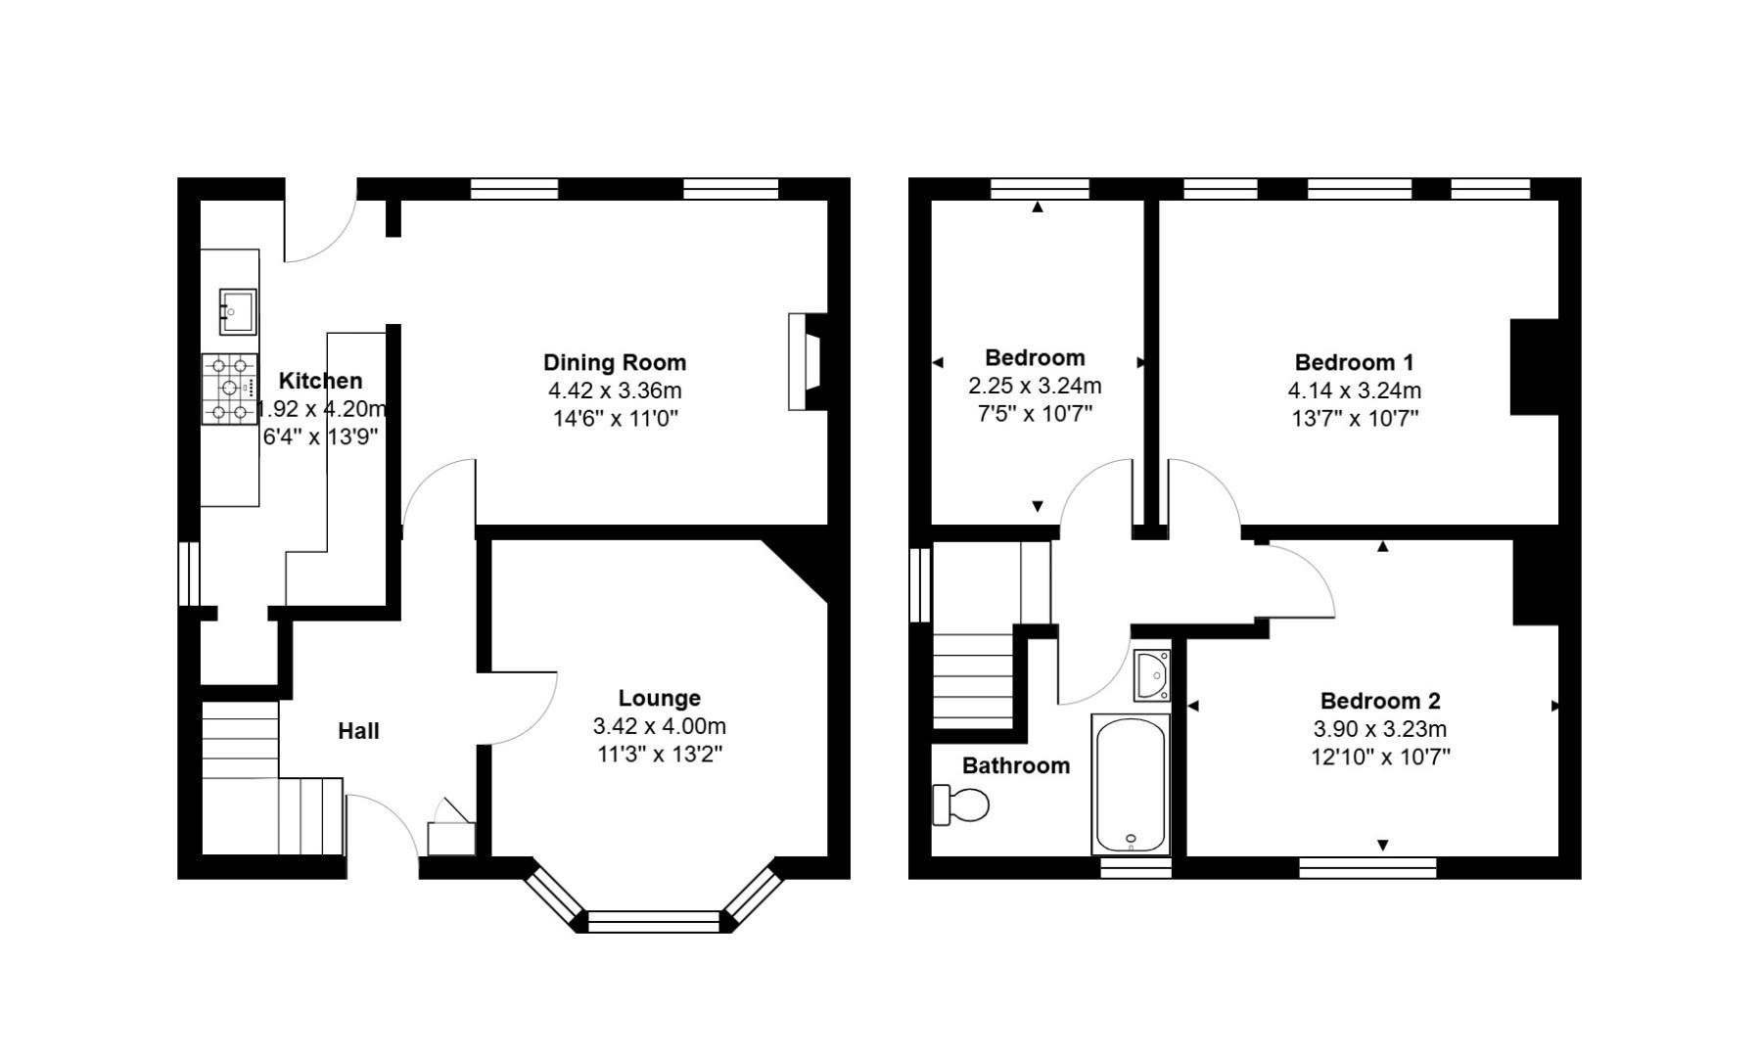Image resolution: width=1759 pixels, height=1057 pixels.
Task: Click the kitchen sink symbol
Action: [237, 310]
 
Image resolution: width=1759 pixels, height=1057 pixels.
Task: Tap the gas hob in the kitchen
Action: [230, 389]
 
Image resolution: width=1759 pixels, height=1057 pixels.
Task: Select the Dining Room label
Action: [615, 362]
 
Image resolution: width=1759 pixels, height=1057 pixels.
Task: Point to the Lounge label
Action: [659, 698]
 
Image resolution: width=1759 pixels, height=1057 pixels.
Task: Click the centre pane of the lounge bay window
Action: [653, 921]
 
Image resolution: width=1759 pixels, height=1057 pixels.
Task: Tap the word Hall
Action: [358, 731]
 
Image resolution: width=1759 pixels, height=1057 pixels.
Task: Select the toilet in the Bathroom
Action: [961, 804]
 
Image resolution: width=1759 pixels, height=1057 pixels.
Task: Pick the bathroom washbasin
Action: [1152, 675]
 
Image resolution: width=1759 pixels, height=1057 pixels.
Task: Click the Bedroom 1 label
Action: [1354, 362]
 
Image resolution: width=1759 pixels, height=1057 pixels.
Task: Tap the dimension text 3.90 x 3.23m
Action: [1380, 729]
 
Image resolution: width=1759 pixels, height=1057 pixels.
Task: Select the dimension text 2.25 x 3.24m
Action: [1035, 386]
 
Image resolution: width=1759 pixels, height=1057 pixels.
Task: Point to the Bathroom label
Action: [1015, 765]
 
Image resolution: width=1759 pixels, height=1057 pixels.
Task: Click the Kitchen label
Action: [320, 381]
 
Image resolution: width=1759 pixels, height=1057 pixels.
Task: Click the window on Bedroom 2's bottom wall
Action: [1367, 866]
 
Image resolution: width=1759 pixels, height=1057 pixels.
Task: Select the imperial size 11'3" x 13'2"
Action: [659, 754]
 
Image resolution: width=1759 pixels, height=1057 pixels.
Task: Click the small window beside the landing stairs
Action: [920, 584]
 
